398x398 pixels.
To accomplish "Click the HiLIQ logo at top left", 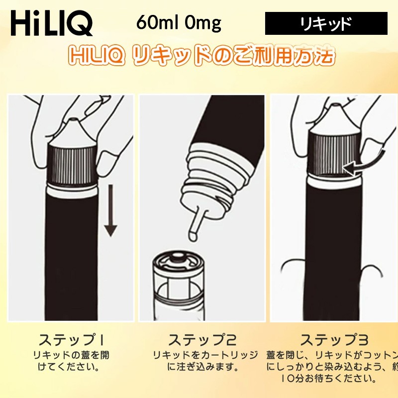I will click(51, 23).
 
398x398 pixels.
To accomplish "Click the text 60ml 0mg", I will click(178, 23).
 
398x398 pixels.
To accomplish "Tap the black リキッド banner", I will click(326, 23).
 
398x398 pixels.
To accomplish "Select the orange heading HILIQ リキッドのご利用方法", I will click(201, 56).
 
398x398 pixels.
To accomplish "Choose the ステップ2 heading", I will click(201, 341).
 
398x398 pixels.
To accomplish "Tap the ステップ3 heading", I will click(334, 341).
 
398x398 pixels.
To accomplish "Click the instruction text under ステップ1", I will click(71, 362).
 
